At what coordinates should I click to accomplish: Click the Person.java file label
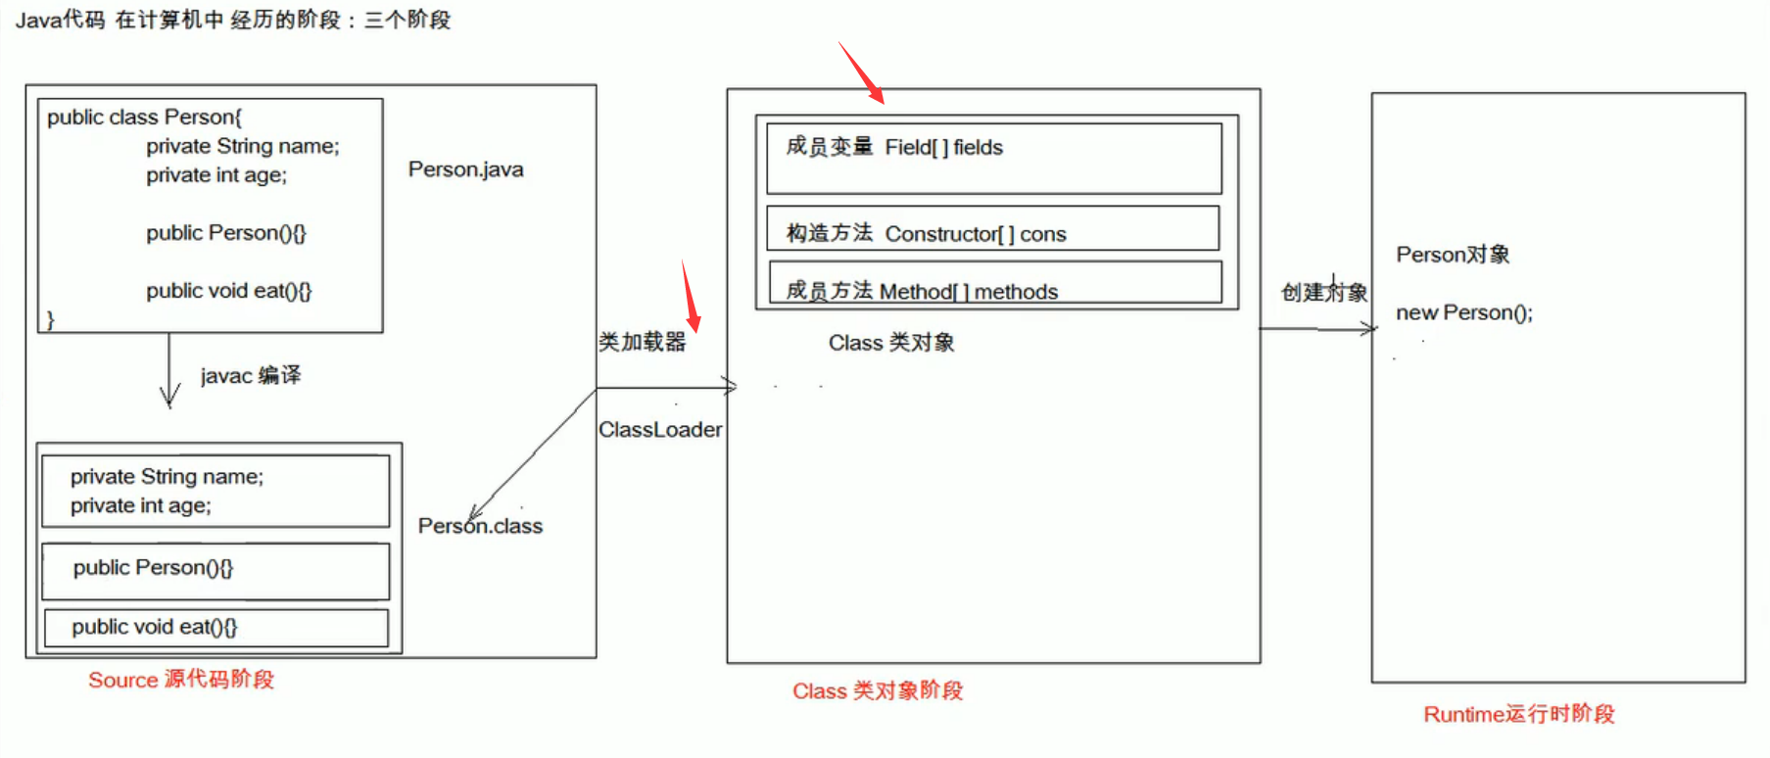(x=465, y=169)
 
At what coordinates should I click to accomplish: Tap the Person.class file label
(x=480, y=526)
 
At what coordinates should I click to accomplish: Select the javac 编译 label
(x=251, y=376)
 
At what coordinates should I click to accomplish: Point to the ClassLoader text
(x=660, y=430)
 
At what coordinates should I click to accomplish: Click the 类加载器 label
(x=643, y=342)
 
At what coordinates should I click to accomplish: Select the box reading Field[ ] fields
(x=993, y=158)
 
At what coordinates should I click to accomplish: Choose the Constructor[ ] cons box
(x=992, y=228)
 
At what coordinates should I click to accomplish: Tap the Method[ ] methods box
(x=995, y=283)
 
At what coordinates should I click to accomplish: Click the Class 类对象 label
(x=891, y=343)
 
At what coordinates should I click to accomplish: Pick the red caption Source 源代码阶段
(x=181, y=680)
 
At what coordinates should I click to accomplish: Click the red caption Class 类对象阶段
(x=878, y=691)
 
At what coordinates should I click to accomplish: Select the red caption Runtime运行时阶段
(x=1518, y=714)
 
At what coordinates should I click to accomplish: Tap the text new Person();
(x=1463, y=313)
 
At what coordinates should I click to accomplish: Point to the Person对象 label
(x=1453, y=256)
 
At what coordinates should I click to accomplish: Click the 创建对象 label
(x=1323, y=292)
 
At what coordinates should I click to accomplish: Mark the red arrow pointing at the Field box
(x=862, y=73)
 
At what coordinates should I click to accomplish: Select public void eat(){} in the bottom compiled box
(x=154, y=627)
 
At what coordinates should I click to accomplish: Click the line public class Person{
(x=144, y=118)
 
